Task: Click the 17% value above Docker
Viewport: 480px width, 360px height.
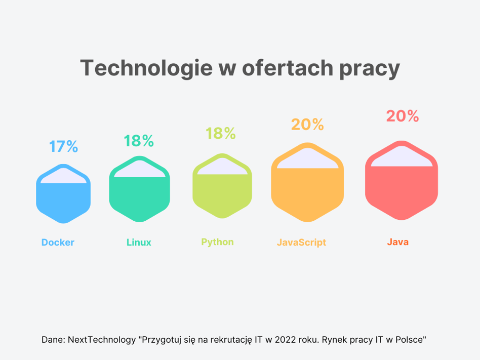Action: (63, 147)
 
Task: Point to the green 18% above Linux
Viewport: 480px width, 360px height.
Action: (139, 141)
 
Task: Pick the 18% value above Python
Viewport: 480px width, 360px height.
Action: (221, 134)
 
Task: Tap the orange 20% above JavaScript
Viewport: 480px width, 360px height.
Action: (307, 125)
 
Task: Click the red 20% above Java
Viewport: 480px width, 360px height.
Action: (403, 116)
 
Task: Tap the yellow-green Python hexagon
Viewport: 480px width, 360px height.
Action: (222, 191)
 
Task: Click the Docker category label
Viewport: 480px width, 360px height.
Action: (58, 243)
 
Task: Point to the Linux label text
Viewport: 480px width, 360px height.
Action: (139, 243)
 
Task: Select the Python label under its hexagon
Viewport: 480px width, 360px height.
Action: (218, 242)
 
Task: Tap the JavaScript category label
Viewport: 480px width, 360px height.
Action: (301, 243)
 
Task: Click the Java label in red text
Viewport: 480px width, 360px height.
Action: (397, 242)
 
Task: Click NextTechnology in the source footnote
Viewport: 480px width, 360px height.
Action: (101, 339)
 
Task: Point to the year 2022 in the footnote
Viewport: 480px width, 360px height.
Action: (287, 339)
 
